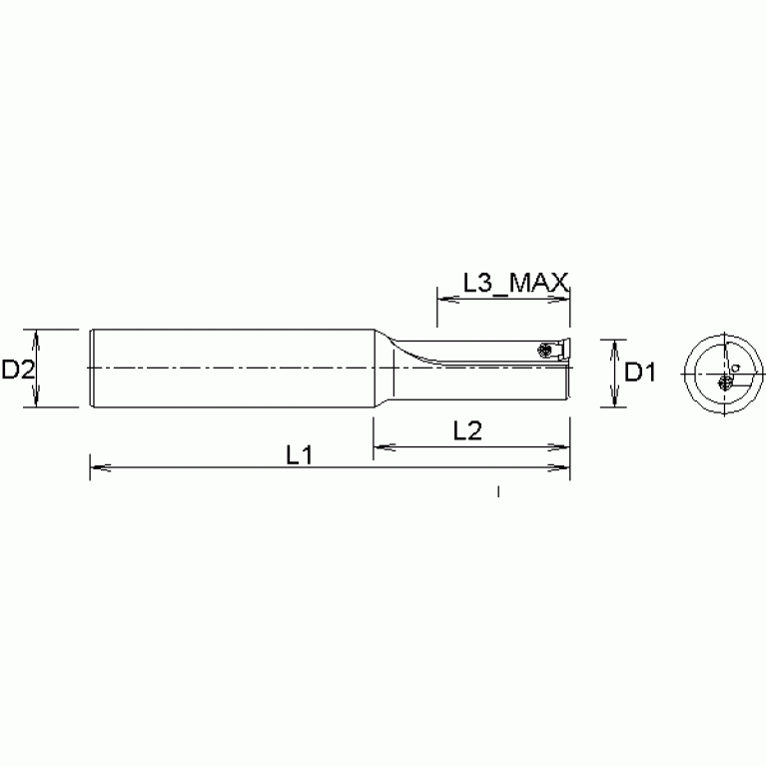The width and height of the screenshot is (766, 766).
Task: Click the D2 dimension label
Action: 19,370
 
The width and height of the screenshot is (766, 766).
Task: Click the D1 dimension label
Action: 640,373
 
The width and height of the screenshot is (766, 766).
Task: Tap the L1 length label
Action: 299,455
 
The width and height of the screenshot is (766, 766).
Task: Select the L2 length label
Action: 467,430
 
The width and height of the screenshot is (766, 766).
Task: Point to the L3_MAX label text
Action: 516,283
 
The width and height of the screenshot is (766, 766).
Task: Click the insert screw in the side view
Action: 543,350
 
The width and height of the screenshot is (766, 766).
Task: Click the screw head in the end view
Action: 724,383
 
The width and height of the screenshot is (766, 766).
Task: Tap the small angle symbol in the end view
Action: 736,367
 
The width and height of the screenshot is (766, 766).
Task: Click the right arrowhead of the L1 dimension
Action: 560,467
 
